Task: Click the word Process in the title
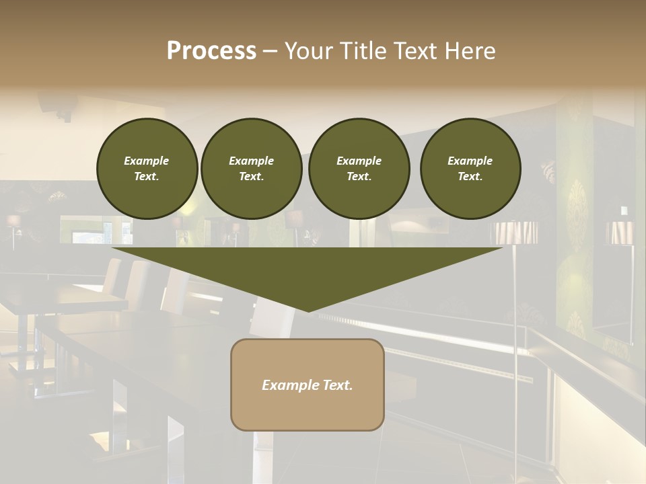pos(211,51)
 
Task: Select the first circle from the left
pos(147,169)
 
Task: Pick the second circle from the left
pos(251,169)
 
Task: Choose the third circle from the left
pos(359,169)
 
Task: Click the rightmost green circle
pos(470,169)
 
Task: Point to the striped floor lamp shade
pos(516,233)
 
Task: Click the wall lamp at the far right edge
pos(619,233)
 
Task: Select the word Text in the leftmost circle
pos(147,177)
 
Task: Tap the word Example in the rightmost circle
pos(470,161)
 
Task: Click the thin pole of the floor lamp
pos(516,302)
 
